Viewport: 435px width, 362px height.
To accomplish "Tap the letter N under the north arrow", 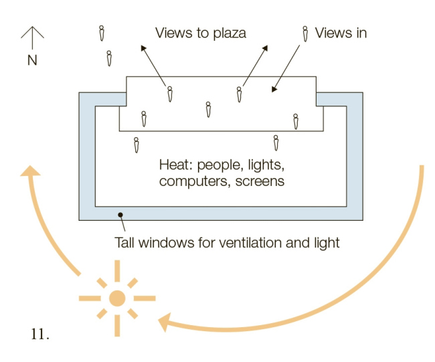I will pos(31,60).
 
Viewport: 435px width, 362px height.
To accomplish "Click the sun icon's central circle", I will pos(117,298).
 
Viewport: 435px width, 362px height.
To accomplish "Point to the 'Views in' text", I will pos(341,33).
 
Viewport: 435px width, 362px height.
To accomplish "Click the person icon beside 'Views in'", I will pos(305,34).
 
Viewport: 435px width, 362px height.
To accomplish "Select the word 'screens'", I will pos(262,181).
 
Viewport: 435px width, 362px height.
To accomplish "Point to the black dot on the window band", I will pos(120,215).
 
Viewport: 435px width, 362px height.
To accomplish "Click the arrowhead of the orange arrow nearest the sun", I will pos(163,323).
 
